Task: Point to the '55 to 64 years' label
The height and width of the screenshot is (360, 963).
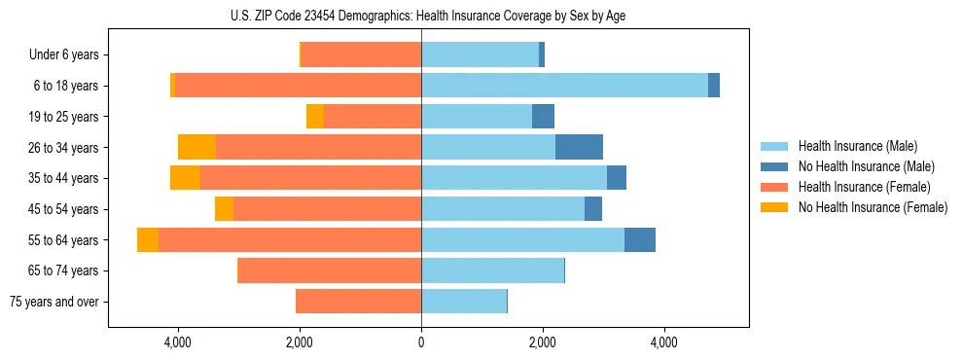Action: coord(64,240)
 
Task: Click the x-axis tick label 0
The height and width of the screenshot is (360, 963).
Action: coord(421,342)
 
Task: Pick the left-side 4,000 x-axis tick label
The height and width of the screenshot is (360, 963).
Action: coord(178,342)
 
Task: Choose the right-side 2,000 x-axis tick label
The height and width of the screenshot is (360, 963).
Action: coord(543,342)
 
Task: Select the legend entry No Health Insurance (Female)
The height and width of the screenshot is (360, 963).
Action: coord(873,207)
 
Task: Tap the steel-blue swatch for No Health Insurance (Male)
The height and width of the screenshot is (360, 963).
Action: coord(774,166)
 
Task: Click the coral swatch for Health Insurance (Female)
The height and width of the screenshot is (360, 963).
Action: coord(774,187)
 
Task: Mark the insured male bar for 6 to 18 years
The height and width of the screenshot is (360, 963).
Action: coord(564,86)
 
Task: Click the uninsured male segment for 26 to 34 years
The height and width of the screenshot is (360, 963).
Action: coord(579,147)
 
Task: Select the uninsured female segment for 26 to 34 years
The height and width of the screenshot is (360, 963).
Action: coord(197,147)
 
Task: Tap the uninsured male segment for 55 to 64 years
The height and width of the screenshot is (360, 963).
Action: coord(640,240)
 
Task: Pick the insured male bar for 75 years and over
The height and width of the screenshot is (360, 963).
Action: coord(464,302)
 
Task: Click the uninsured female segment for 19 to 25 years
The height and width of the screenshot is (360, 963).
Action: coord(315,117)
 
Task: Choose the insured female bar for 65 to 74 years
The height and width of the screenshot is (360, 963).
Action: coord(330,270)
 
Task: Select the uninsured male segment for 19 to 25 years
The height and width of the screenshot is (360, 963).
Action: coord(543,117)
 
